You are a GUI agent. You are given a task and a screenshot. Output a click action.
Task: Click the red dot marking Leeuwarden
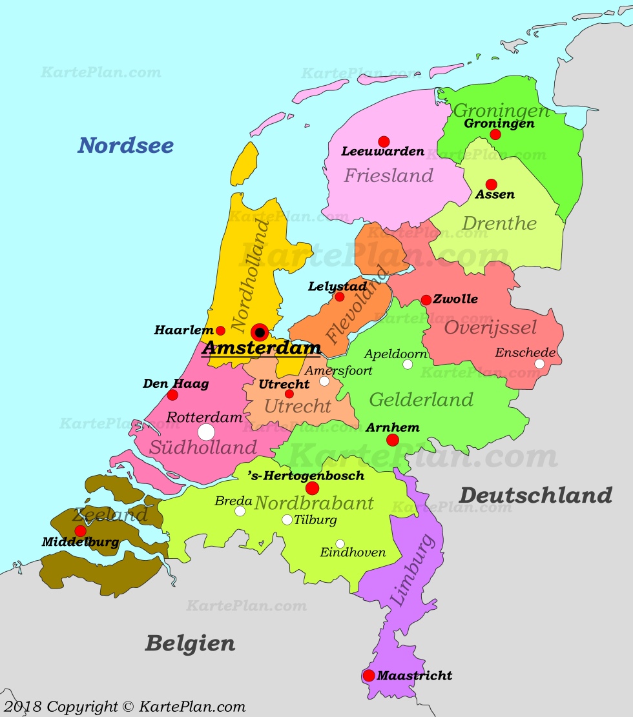pos(384,141)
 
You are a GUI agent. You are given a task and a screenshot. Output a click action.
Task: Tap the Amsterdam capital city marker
pos(260,332)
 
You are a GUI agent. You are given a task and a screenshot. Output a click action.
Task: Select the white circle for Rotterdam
pos(206,432)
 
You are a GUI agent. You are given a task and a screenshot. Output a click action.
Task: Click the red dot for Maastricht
pos(369,676)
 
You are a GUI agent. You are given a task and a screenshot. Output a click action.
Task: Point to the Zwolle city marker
pos(426,300)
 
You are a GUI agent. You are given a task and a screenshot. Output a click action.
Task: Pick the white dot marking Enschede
pos(539,364)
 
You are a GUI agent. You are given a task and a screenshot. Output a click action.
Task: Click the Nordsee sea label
pos(126,146)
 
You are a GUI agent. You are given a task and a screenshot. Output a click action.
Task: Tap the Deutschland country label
pos(535,496)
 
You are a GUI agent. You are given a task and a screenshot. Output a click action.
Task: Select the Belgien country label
pos(190,643)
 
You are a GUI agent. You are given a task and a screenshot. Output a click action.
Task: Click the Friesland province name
pos(388,176)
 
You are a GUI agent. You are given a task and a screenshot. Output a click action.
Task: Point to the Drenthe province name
pos(499,224)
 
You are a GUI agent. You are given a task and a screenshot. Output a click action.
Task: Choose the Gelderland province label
pos(421,400)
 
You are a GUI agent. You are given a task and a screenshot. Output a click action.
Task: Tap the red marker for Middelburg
pos(80,531)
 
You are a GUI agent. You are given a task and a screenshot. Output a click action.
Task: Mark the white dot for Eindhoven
pos(340,544)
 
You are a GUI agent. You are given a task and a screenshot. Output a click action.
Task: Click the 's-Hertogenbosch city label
pos(306,476)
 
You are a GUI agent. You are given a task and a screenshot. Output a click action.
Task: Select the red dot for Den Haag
pos(172,395)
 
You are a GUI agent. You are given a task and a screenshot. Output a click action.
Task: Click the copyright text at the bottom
pos(124,707)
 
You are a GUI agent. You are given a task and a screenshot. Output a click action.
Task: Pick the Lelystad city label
pos(337,286)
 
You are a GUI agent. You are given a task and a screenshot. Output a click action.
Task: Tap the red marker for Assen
pos(492,185)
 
